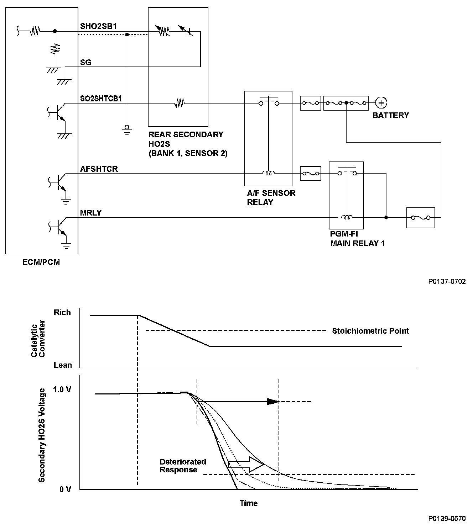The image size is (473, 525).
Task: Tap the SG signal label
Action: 86,63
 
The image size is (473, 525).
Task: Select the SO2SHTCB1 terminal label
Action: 101,99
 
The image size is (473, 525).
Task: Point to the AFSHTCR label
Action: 99,169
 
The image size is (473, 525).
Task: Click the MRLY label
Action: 91,213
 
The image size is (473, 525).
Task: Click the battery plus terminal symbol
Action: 381,103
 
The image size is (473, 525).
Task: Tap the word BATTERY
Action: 390,115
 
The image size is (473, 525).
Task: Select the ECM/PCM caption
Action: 42,262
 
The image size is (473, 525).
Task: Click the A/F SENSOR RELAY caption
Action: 271,198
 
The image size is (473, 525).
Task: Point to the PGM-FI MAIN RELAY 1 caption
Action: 357,239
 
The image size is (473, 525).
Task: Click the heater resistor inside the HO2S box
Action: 180,103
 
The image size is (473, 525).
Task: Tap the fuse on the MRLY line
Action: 420,217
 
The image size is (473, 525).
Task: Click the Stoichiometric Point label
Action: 370,331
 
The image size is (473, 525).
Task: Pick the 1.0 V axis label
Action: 62,390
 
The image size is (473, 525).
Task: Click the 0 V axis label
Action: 65,489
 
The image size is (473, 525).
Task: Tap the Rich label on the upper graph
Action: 62,313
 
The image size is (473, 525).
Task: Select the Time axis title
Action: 248,503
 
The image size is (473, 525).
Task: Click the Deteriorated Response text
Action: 183,466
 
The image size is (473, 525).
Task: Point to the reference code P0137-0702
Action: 447,281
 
